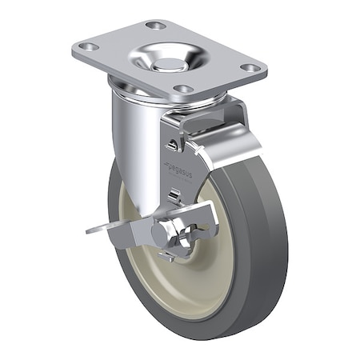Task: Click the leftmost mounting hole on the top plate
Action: click(89, 47)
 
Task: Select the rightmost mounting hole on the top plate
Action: click(253, 68)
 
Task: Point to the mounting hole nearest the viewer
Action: click(183, 88)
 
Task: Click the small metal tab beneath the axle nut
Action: click(167, 257)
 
